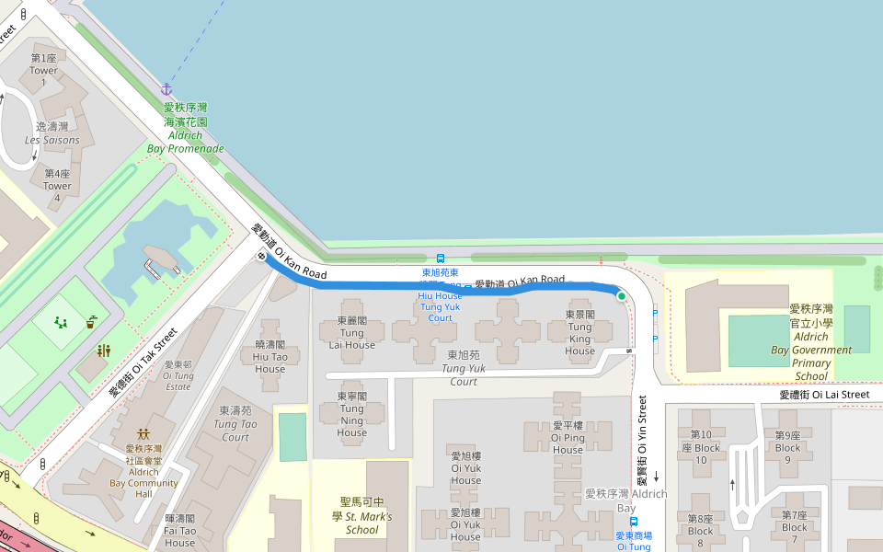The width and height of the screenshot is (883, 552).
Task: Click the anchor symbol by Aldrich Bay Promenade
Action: (166, 89)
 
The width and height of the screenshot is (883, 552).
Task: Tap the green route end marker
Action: (622, 296)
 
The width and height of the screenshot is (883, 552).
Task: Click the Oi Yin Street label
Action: (642, 442)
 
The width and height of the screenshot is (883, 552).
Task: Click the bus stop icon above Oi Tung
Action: (634, 522)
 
